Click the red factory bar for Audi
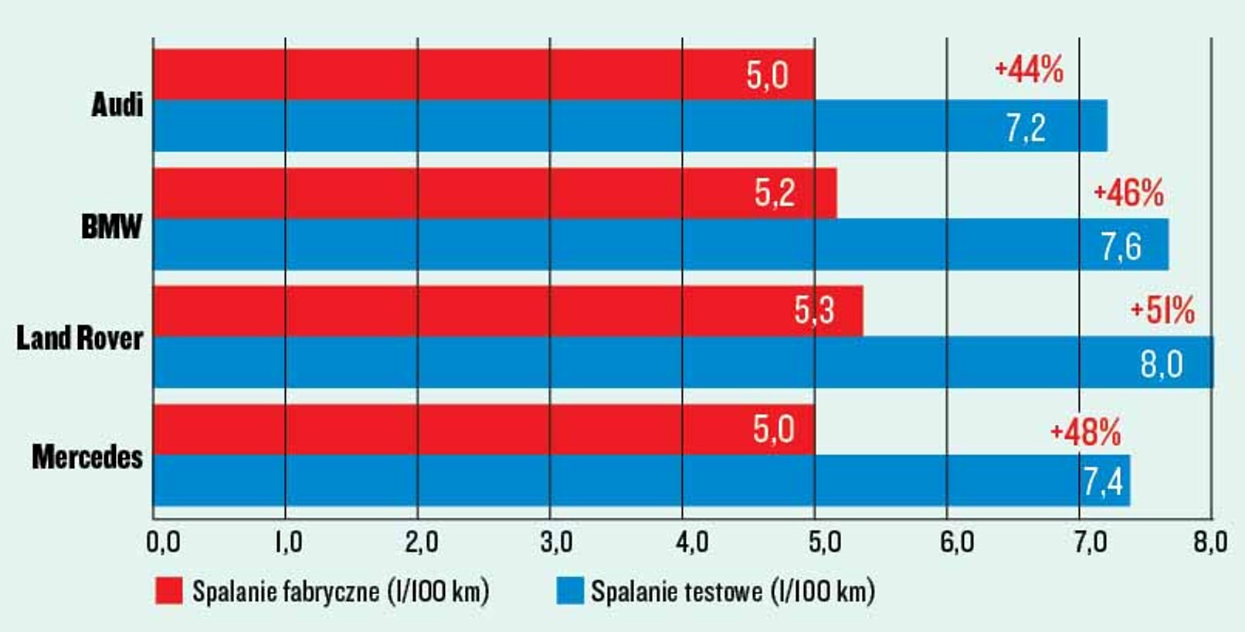point(484,74)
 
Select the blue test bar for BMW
point(661,245)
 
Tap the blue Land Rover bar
point(684,362)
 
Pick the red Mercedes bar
point(484,430)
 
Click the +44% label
point(1029,70)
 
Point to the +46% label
point(1128,193)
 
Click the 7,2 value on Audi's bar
point(1026,127)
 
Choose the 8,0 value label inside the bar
point(1162,364)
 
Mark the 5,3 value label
point(814,310)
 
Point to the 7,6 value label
point(1121,246)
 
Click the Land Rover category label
point(80,338)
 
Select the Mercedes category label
point(87,457)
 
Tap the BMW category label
point(112,227)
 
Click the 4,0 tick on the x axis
point(692,542)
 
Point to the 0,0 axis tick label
point(163,542)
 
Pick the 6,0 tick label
point(957,542)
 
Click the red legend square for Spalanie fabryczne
point(169,590)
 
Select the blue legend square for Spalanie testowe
point(570,590)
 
